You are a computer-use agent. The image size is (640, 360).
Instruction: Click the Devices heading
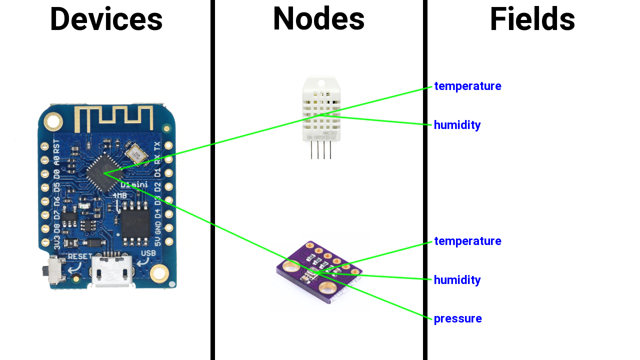(106, 19)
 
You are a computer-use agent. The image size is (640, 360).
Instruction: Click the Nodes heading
(318, 18)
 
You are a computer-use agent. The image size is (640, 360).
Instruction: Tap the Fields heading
(532, 19)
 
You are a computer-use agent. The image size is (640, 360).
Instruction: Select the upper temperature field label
(467, 86)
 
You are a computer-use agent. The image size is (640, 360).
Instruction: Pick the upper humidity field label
(457, 125)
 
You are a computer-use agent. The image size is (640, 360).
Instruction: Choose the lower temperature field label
(467, 241)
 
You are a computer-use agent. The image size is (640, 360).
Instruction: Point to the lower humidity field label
(457, 280)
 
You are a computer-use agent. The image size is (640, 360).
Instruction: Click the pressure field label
(457, 318)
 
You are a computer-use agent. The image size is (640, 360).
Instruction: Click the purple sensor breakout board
(320, 272)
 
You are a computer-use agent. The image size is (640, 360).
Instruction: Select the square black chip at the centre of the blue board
(103, 173)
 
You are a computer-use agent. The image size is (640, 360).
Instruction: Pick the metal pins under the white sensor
(320, 150)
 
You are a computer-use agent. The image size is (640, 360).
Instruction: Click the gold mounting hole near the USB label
(159, 273)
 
